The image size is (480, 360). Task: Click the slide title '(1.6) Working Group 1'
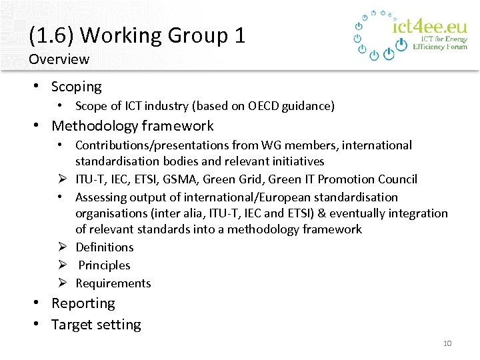click(x=137, y=35)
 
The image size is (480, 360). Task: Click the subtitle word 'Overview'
click(x=59, y=59)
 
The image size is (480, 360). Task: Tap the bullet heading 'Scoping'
click(x=76, y=87)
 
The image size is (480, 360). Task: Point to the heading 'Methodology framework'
click(x=132, y=126)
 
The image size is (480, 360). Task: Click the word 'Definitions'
click(x=104, y=247)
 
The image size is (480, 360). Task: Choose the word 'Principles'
click(x=104, y=265)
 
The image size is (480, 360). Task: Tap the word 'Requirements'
click(x=113, y=283)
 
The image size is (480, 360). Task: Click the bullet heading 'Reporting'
click(x=83, y=303)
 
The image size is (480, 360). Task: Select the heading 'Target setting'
click(x=96, y=325)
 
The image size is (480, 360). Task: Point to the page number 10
click(x=447, y=343)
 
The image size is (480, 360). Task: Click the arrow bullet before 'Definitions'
click(x=61, y=247)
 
